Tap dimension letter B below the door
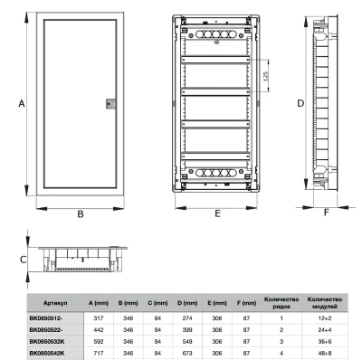tap(80, 213)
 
